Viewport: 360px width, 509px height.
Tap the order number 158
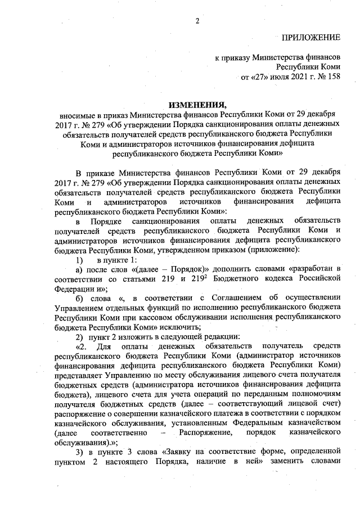point(334,76)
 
